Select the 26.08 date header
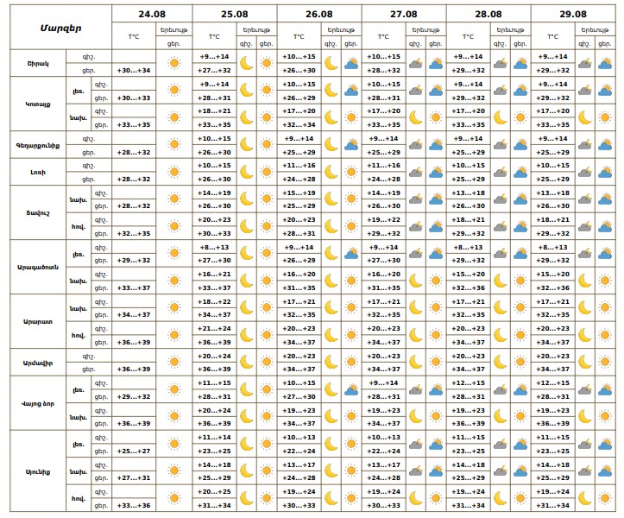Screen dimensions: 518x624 pyautogui.click(x=318, y=14)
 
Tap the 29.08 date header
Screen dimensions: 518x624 pyautogui.click(x=572, y=14)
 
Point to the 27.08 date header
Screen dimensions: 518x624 pyautogui.click(x=403, y=14)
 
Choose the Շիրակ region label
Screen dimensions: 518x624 pyautogui.click(x=37, y=63)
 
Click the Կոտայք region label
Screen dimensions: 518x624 pyautogui.click(x=37, y=104)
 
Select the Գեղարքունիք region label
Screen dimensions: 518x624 pyautogui.click(x=37, y=145)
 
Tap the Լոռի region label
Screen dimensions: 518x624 pyautogui.click(x=37, y=172)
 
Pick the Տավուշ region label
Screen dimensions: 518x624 pyautogui.click(x=37, y=212)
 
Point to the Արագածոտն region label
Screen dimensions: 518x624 pyautogui.click(x=37, y=267)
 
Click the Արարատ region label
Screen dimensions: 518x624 pyautogui.click(x=37, y=321)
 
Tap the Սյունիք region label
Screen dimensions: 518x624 pyautogui.click(x=37, y=471)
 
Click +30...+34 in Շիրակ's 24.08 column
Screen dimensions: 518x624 pyautogui.click(x=134, y=71)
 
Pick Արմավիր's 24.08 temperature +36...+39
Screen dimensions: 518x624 pyautogui.click(x=134, y=369)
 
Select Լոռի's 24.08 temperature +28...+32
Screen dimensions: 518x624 pyautogui.click(x=134, y=179)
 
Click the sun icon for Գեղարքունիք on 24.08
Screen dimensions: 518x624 pyautogui.click(x=174, y=145)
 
